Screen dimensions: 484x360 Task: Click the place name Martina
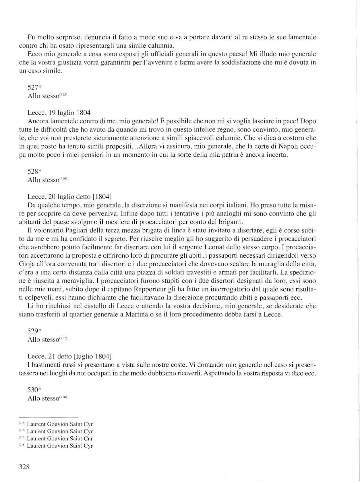(x=135, y=314)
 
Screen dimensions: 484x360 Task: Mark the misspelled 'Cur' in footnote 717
(x=88, y=439)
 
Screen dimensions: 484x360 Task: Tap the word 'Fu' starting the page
(x=31, y=37)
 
